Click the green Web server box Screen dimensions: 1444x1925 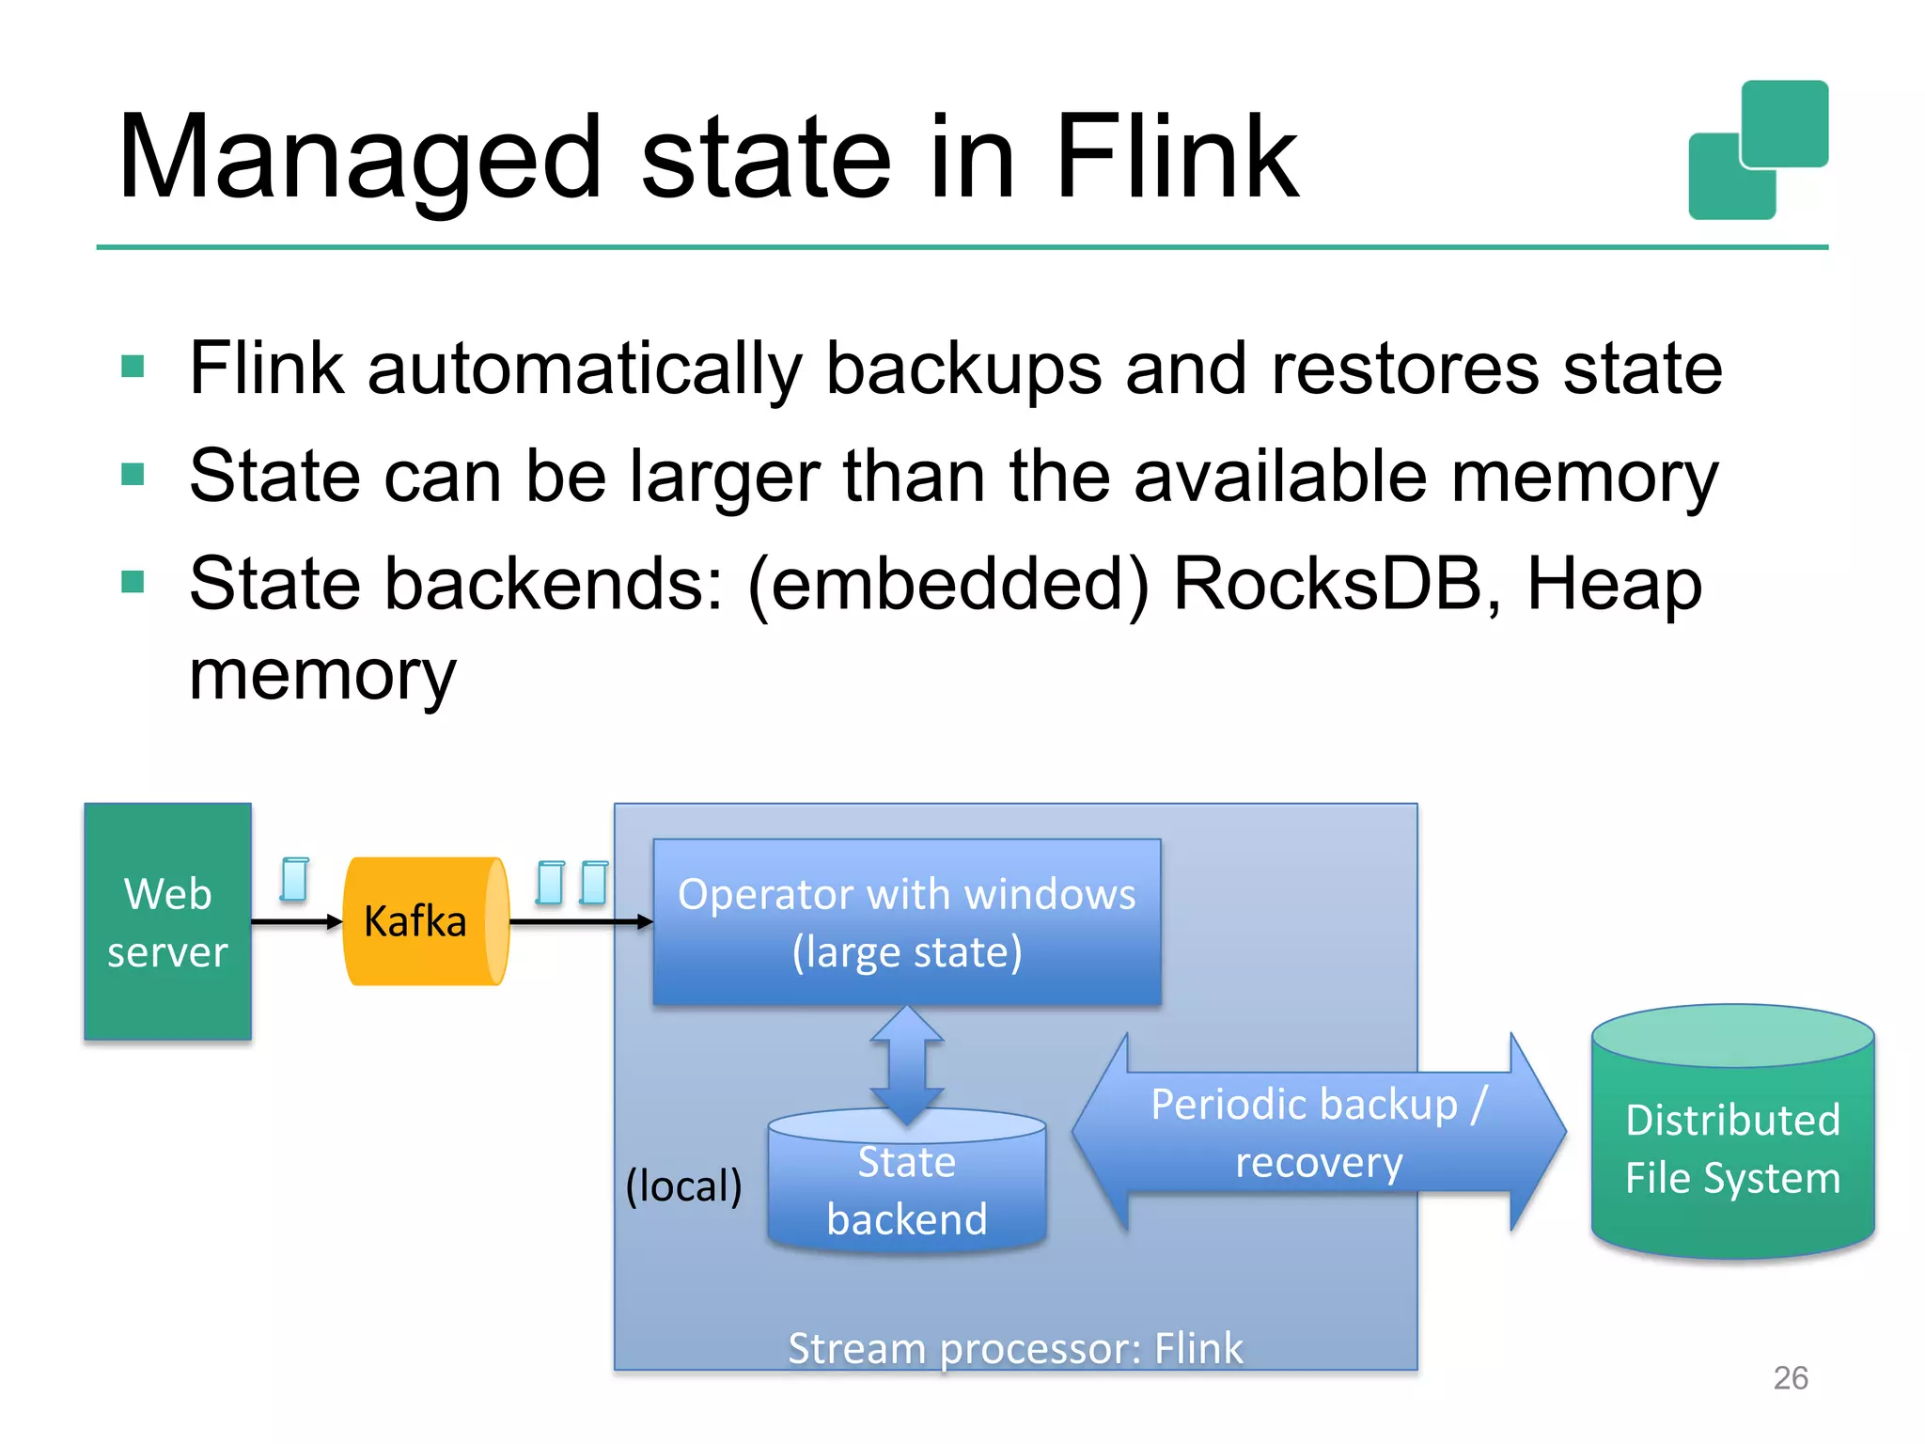coord(167,921)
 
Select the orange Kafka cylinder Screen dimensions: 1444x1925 coord(423,921)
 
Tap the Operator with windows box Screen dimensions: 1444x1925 coord(906,921)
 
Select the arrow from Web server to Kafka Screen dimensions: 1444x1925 coord(296,922)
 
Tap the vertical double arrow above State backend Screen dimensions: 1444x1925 coord(906,1064)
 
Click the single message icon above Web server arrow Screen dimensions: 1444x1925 coord(294,880)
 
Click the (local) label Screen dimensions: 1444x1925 coord(683,1185)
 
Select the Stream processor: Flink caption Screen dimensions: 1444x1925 coord(1015,1348)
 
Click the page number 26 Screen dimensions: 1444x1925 coord(1790,1377)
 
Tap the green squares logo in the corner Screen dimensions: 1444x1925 coord(1758,150)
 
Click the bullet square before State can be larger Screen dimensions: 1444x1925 coord(133,474)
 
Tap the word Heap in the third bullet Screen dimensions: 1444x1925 coord(1613,584)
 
